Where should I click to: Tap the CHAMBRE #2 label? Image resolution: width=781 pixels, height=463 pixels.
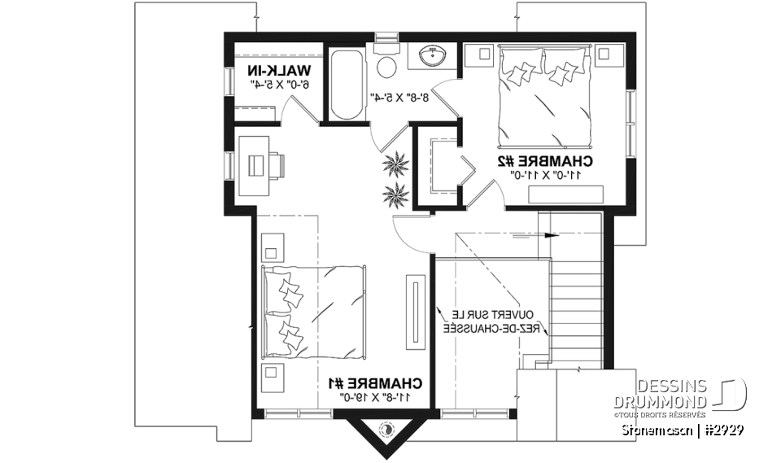546,162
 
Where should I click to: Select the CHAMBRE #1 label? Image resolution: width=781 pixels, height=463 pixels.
375,382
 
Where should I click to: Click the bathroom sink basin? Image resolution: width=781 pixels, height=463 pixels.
431,57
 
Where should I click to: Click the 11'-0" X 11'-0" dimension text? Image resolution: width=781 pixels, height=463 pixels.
546,174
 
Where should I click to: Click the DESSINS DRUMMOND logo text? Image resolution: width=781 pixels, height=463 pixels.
672,394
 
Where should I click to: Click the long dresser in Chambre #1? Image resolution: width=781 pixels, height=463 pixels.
416,305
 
